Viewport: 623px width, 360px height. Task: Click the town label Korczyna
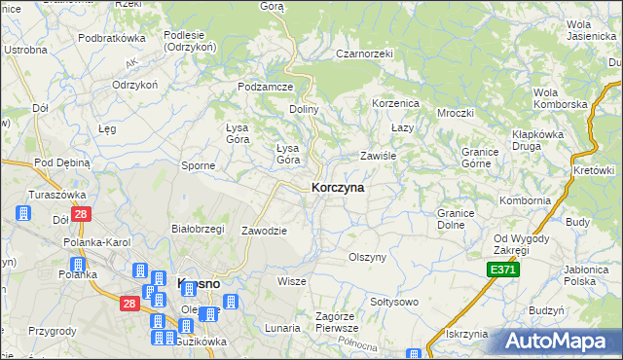[338, 188]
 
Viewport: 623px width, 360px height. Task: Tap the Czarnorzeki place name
[363, 54]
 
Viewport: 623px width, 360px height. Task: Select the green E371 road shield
[503, 270]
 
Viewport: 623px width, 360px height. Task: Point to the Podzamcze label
[266, 87]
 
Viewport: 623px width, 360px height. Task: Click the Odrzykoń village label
[135, 85]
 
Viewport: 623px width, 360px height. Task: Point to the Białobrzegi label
[198, 229]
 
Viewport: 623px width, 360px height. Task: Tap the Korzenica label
[395, 102]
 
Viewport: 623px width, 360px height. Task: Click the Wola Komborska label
[560, 97]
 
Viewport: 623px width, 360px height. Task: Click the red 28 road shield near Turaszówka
[82, 214]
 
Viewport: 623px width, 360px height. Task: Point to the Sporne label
[199, 165]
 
